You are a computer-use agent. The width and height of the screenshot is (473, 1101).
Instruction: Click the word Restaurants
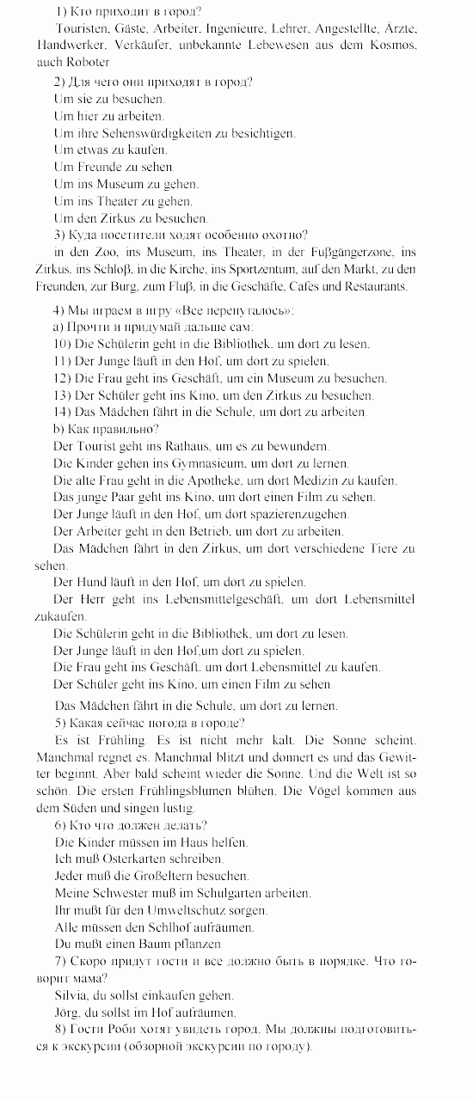click(376, 286)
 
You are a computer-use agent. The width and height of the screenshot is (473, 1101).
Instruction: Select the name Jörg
click(65, 1012)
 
